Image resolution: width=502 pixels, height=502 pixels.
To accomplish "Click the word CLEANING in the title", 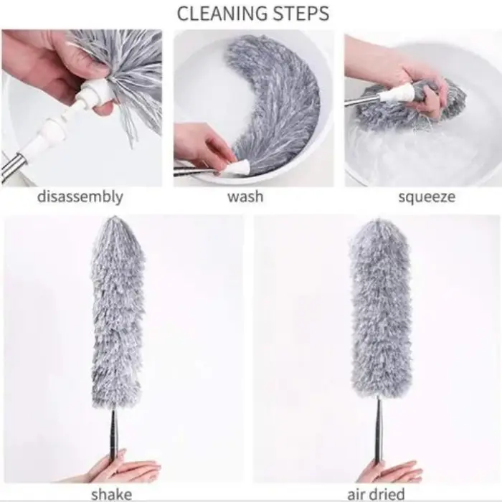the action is (221, 13).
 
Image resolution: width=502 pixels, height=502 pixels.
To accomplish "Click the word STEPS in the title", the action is (300, 13).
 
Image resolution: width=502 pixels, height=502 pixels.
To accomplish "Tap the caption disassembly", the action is (80, 196).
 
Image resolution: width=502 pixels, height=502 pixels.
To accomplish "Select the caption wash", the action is (245, 196).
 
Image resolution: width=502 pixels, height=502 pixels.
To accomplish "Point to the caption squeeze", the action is (427, 197).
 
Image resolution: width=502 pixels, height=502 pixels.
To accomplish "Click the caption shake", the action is (112, 494).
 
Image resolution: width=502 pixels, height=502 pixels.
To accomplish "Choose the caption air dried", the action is (376, 494).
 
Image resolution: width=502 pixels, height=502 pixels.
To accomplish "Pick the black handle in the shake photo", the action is (114, 436).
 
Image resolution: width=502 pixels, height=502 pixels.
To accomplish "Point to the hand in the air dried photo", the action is (389, 470).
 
